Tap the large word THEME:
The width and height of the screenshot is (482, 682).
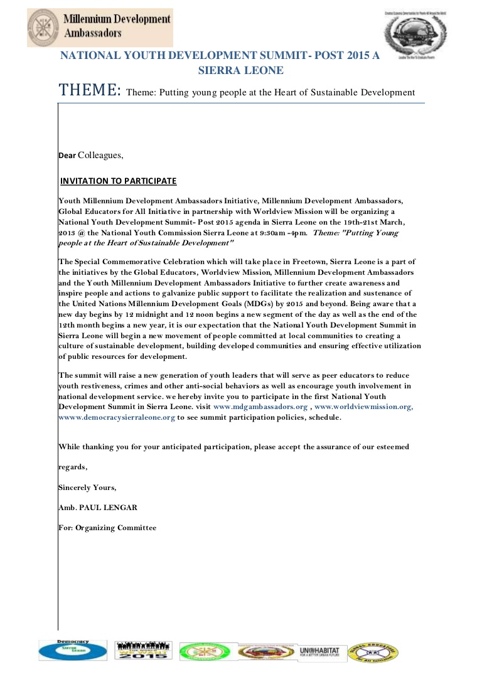[x=90, y=90]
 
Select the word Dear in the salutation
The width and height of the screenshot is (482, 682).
[x=67, y=156]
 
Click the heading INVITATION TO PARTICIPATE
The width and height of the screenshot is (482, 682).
[x=119, y=181]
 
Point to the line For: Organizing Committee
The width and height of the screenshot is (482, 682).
[x=107, y=528]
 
